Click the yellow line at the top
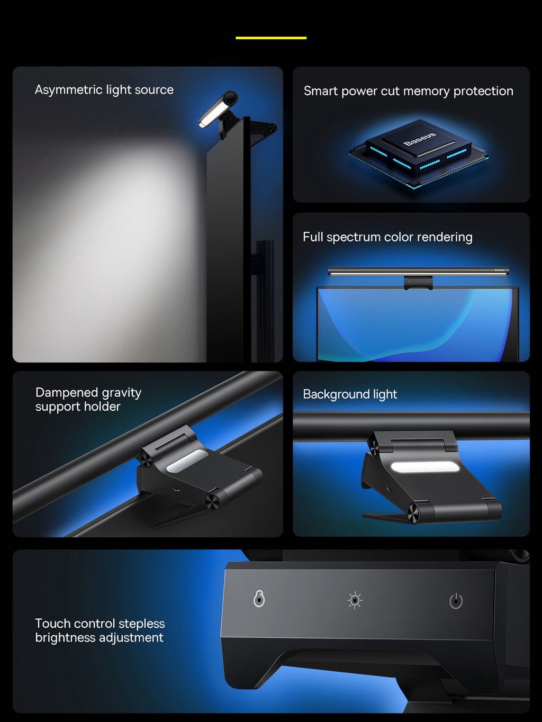tap(271, 38)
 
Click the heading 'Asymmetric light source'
tap(104, 90)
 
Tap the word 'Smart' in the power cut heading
tap(321, 91)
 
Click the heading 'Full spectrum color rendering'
tap(387, 237)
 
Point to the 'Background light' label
tap(350, 394)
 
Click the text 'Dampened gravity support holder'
tap(88, 400)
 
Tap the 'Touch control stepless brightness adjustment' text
tap(100, 630)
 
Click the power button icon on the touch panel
tap(456, 601)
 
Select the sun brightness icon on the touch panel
tap(355, 600)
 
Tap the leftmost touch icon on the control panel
tap(259, 599)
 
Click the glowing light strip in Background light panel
tap(424, 467)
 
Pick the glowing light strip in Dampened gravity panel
tap(187, 461)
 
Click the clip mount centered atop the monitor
tap(418, 283)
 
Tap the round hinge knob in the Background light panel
tap(413, 513)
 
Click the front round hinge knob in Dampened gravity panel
tap(212, 501)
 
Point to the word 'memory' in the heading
tap(426, 91)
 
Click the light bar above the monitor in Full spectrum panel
tap(418, 271)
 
